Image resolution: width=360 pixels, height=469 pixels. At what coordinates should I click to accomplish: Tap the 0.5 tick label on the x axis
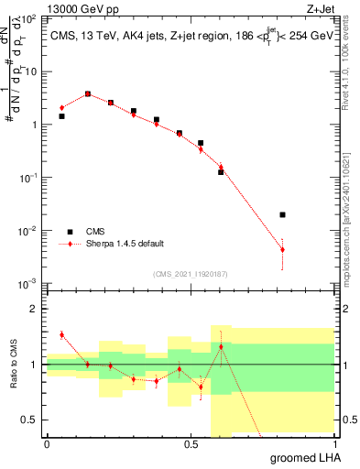(x=191, y=444)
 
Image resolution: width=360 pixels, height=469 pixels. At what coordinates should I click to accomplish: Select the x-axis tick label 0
(x=47, y=444)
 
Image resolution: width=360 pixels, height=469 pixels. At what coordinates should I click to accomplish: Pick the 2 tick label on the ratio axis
(x=33, y=310)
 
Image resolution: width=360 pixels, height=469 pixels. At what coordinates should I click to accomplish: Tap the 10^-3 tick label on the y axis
(x=27, y=284)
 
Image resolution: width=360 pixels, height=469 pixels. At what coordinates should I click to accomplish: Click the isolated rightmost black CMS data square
(x=282, y=214)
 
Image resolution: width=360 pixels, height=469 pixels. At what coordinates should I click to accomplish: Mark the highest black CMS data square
(x=88, y=93)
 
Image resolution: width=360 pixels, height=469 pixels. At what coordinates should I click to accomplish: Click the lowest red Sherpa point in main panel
(x=282, y=249)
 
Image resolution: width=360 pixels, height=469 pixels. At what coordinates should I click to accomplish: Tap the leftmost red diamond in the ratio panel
(x=61, y=334)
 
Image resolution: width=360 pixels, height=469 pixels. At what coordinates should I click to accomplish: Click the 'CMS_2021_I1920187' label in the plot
(x=190, y=274)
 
